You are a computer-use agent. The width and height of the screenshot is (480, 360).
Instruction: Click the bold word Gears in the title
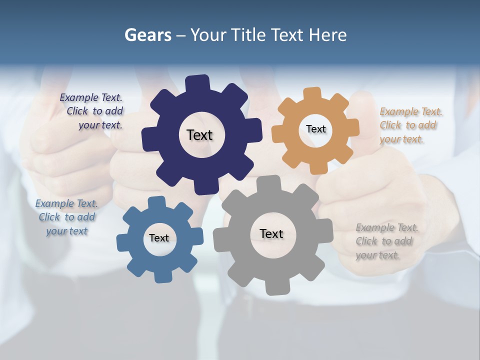point(148,35)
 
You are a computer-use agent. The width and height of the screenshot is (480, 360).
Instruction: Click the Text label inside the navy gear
point(199,135)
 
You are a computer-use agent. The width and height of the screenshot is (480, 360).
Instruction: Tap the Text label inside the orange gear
point(315,129)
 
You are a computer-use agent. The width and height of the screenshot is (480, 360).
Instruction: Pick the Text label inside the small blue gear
point(159,238)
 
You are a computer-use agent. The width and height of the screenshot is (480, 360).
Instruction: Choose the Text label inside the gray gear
point(271,233)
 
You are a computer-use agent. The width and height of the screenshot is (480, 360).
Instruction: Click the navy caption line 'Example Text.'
point(91,98)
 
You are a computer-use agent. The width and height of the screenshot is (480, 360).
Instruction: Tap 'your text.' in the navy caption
point(100,125)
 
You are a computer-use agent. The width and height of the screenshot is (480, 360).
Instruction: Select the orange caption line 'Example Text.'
point(411,111)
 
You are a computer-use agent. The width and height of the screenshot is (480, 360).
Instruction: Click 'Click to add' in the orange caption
point(408,125)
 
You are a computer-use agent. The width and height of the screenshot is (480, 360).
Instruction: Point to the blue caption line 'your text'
point(67,231)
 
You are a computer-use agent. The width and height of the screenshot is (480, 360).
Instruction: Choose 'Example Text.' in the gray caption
point(387,228)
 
